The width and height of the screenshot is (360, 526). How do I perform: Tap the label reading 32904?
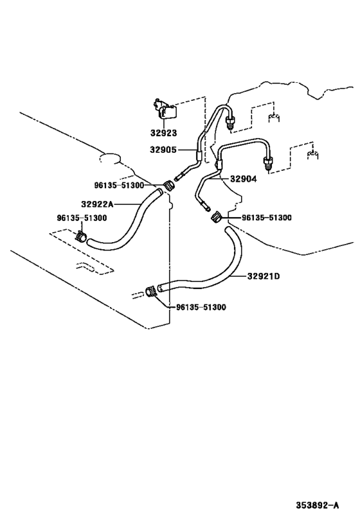click(x=244, y=180)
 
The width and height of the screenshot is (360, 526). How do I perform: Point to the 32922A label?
click(x=97, y=204)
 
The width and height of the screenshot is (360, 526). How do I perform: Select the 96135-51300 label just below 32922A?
click(x=82, y=218)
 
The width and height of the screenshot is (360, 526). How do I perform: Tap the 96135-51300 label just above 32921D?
click(x=266, y=218)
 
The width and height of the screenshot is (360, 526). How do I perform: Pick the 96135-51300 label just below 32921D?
click(x=201, y=307)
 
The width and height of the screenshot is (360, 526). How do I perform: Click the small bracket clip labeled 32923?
click(x=165, y=110)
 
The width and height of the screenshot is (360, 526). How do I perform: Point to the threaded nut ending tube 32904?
click(x=269, y=161)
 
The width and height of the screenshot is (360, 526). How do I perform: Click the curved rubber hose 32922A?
click(x=129, y=222)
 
